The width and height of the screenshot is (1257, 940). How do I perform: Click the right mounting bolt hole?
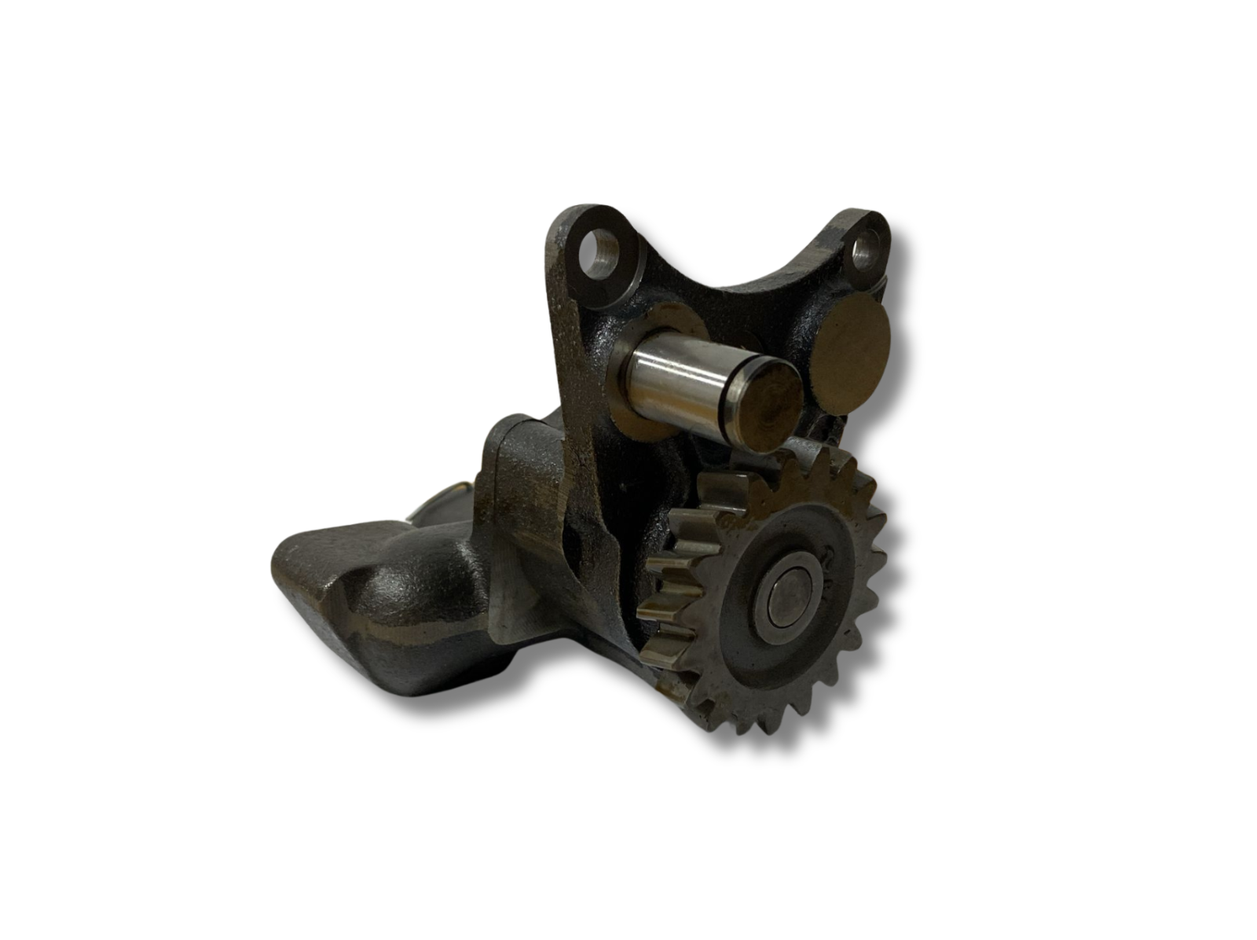click(x=867, y=251)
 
